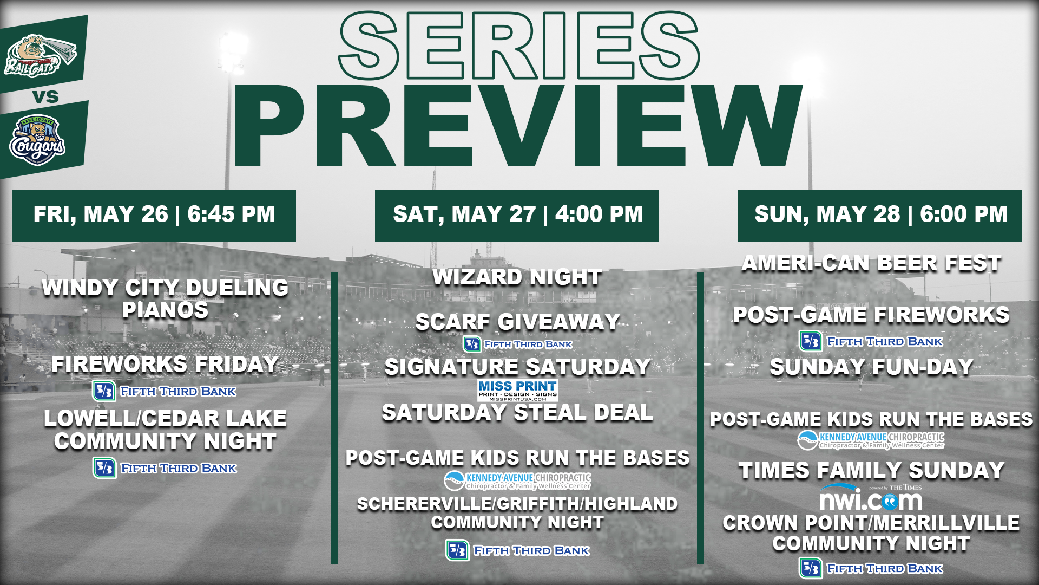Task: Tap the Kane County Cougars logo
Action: tap(37, 140)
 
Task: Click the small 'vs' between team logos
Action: tap(45, 97)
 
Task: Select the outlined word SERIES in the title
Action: tap(519, 46)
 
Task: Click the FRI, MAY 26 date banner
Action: tap(154, 216)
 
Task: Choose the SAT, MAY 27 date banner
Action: tap(517, 216)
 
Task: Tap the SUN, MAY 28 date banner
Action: tap(880, 216)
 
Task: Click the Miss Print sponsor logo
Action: tap(517, 390)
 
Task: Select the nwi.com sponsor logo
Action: tap(871, 497)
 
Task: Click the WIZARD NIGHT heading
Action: tap(517, 277)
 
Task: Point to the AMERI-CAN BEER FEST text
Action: tap(871, 263)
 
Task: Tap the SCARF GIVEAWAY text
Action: tap(517, 322)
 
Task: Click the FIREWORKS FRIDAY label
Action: tap(165, 364)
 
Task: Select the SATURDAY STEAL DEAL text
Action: tap(517, 413)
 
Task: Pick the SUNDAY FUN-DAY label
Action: tap(871, 367)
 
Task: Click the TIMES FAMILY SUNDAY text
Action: tap(871, 470)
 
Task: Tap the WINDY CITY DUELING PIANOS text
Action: tap(165, 299)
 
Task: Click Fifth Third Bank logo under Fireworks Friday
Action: tap(165, 391)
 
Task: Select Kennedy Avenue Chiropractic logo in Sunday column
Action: tap(871, 440)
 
